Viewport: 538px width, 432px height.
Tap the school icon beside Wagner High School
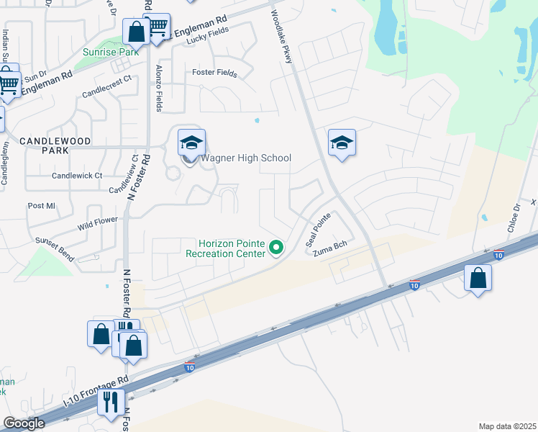[x=191, y=142]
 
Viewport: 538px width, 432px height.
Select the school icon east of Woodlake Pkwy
[x=342, y=143]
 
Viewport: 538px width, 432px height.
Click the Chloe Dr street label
[x=516, y=216]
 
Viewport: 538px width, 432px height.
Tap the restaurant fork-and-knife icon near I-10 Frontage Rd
[x=110, y=401]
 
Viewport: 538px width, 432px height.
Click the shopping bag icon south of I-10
[x=478, y=278]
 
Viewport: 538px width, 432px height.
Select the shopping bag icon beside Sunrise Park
[x=135, y=32]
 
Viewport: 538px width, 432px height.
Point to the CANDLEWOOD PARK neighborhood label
[x=44, y=145]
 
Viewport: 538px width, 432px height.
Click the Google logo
[x=24, y=423]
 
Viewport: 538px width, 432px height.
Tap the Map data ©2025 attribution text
[x=506, y=426]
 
